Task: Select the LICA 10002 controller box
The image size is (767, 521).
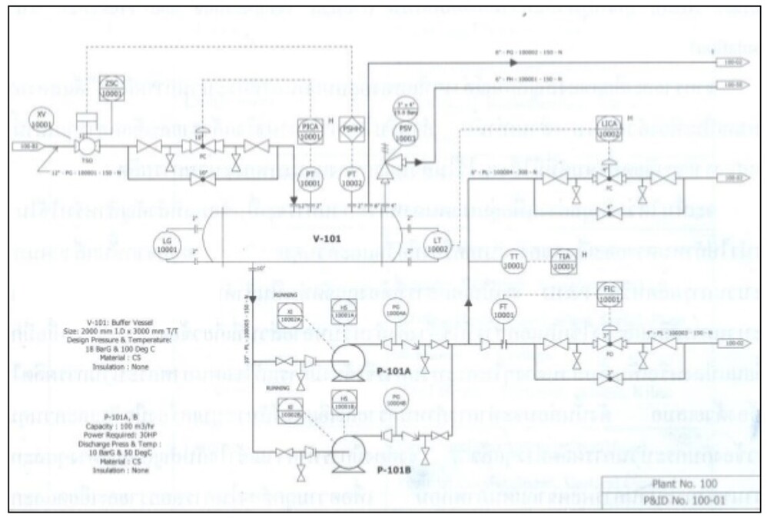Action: click(608, 128)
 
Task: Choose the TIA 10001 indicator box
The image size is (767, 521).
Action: click(563, 263)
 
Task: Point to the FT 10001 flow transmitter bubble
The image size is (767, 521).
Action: click(503, 310)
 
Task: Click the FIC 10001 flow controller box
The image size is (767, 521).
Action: click(608, 296)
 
